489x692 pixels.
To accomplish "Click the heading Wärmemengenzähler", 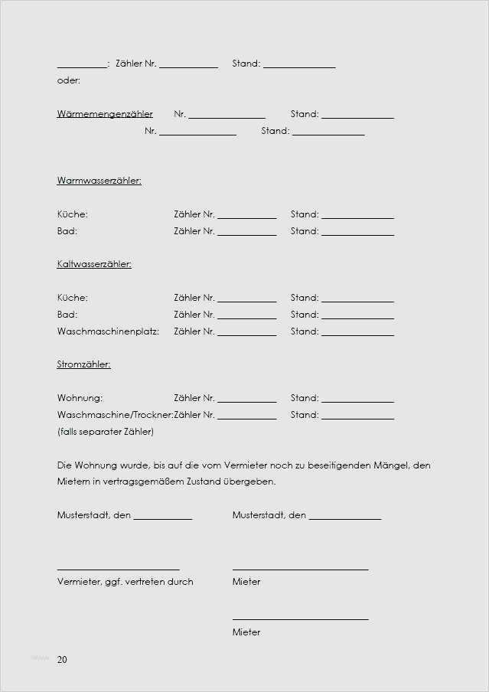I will pos(105,114).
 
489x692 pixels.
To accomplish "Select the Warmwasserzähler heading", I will pos(99,181).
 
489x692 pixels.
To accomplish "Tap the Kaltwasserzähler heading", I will pos(94,264).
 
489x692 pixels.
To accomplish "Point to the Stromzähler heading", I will pos(83,364).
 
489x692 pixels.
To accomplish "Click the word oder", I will pos(68,80).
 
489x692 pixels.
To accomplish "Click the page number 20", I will pos(62,660).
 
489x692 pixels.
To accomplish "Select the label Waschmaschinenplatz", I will pos(107,331).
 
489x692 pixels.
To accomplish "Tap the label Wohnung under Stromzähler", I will pos(80,398).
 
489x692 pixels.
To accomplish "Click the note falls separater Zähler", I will pos(106,432).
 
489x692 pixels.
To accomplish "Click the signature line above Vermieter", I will pos(118,569).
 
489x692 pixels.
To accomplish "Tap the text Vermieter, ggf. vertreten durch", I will pos(125,582).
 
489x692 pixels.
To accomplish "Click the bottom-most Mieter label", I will pos(246,632).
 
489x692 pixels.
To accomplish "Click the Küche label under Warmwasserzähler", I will pos(72,214).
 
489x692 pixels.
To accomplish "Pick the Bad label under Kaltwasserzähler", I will pos(67,315).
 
